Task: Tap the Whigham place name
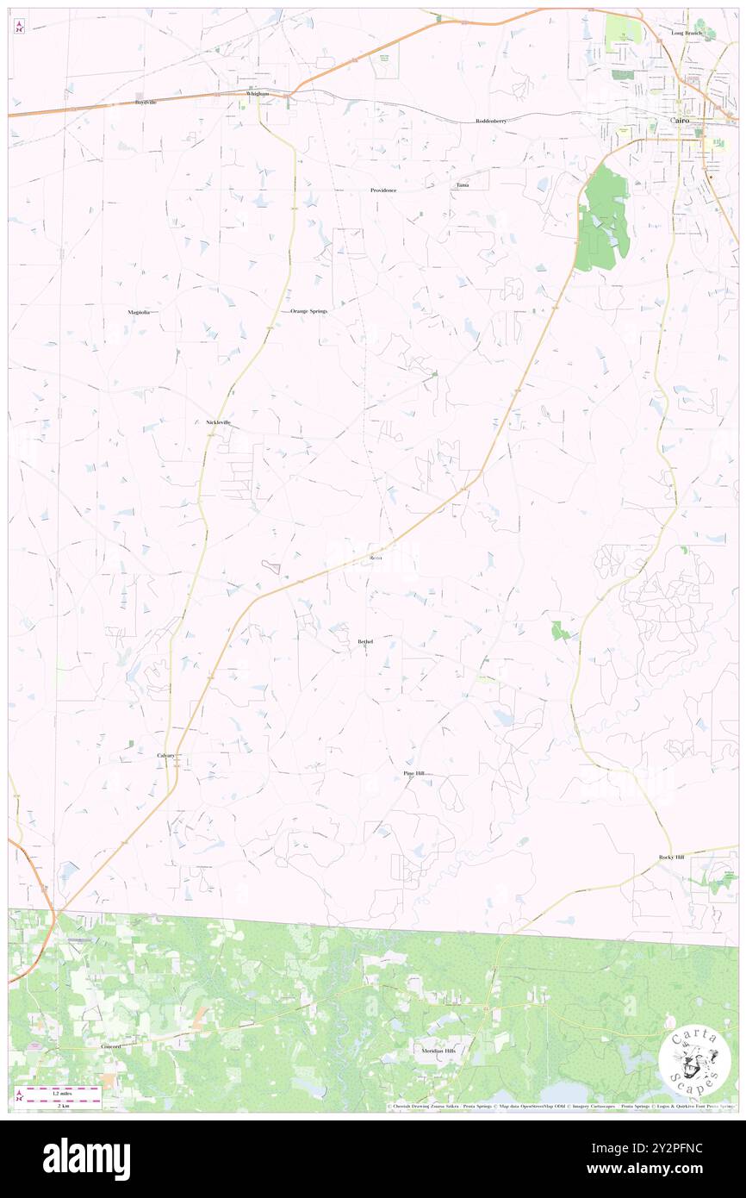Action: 257,93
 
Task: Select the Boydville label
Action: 145,102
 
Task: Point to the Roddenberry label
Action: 491,122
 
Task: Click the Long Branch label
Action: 687,33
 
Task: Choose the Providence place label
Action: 382,190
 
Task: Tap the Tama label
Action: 463,185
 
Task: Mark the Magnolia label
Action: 139,311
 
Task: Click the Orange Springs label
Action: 308,310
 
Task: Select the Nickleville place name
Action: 219,422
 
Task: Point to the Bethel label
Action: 365,641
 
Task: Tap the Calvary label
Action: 165,755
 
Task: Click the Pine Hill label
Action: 414,774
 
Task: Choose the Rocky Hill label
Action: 671,857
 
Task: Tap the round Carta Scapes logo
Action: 694,1063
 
